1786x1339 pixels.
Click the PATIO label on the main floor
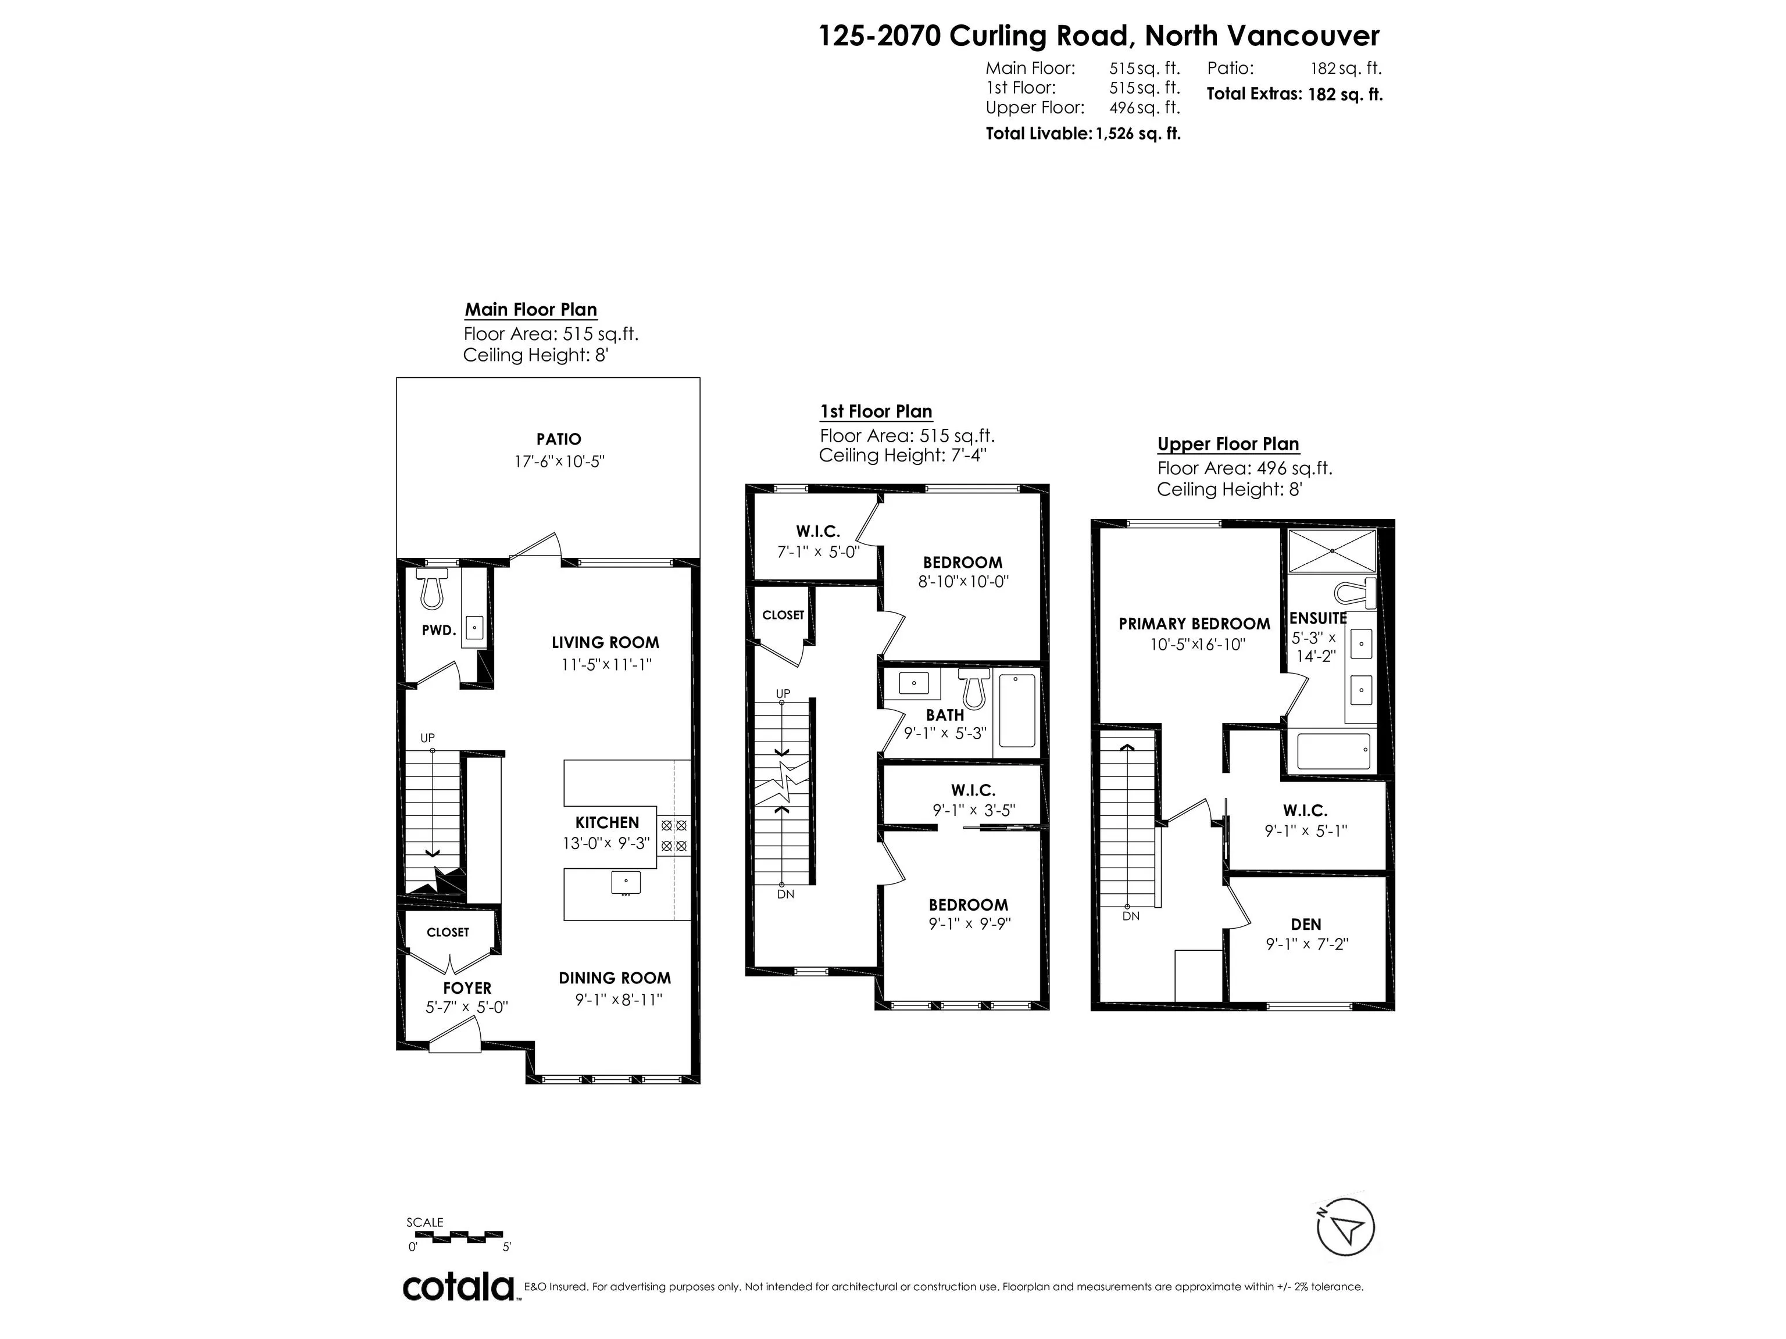click(x=558, y=439)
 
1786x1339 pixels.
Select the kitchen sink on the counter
click(x=626, y=882)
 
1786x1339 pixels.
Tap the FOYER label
click(x=467, y=988)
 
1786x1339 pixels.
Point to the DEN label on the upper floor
click(x=1306, y=924)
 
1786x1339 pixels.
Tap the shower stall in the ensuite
click(x=1331, y=550)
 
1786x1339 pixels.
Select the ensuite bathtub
click(x=1333, y=751)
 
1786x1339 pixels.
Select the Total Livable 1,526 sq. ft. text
click(x=1083, y=134)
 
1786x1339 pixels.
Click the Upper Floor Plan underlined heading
click(x=1227, y=444)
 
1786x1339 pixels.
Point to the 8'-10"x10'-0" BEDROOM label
click(x=962, y=563)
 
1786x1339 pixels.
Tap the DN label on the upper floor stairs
click(x=1130, y=916)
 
